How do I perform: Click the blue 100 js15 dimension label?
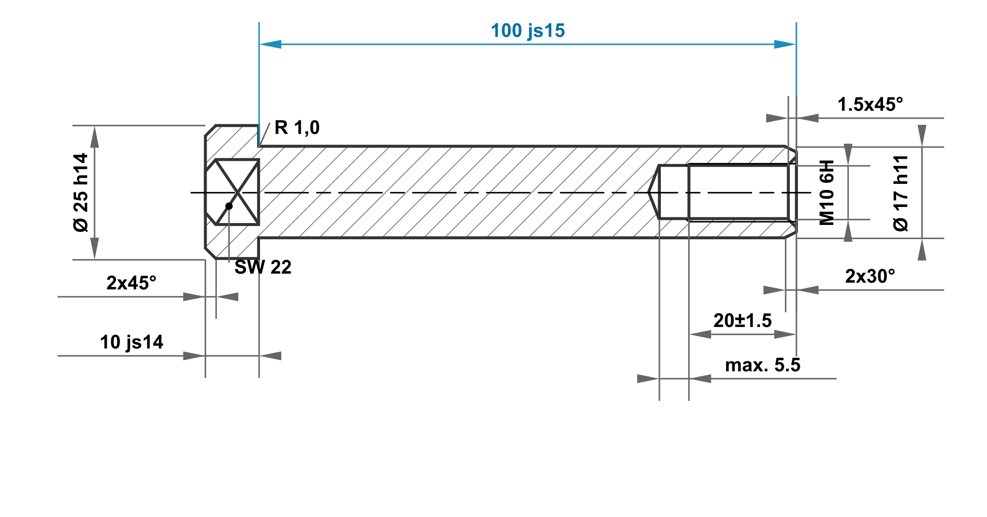528,31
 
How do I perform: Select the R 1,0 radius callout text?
297,128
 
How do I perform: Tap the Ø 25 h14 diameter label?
81,192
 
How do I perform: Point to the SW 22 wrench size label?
263,267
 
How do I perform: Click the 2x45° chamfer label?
131,283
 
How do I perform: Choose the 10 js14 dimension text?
131,342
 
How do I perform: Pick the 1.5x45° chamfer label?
870,104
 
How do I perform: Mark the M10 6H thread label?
827,192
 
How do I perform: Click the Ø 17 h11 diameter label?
901,193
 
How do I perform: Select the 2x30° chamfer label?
870,276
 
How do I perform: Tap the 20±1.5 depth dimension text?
742,321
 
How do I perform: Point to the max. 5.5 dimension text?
762,365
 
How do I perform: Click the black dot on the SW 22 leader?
229,206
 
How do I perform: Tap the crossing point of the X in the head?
237,192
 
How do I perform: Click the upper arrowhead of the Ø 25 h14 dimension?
95,137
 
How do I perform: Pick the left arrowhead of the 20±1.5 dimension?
700,335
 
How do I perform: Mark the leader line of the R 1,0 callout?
265,134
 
